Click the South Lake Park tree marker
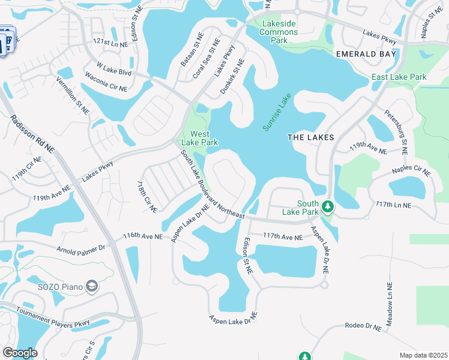pyautogui.click(x=327, y=207)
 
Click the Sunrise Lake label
pyautogui.click(x=277, y=112)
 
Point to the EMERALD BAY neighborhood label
pyautogui.click(x=366, y=54)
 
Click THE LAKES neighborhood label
pyautogui.click(x=310, y=137)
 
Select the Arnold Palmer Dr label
pyautogui.click(x=81, y=247)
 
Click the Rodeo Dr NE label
pyautogui.click(x=363, y=327)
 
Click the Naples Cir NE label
pyautogui.click(x=411, y=171)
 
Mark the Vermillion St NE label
pyautogui.click(x=73, y=95)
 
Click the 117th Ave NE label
pyautogui.click(x=283, y=238)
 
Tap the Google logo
pyautogui.click(x=20, y=353)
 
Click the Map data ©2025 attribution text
pyautogui.click(x=423, y=355)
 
